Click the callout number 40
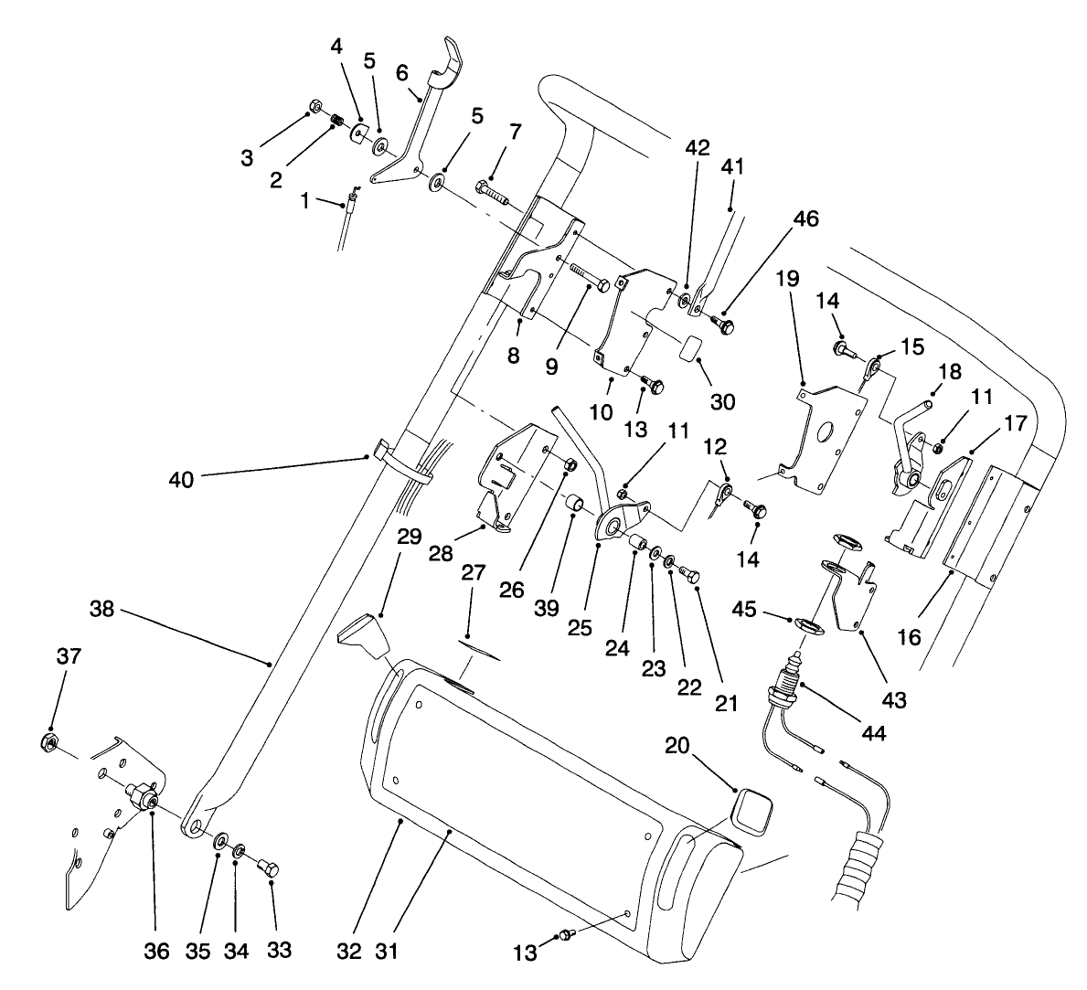coord(181,478)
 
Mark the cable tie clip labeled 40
coord(382,449)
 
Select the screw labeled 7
coord(490,192)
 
